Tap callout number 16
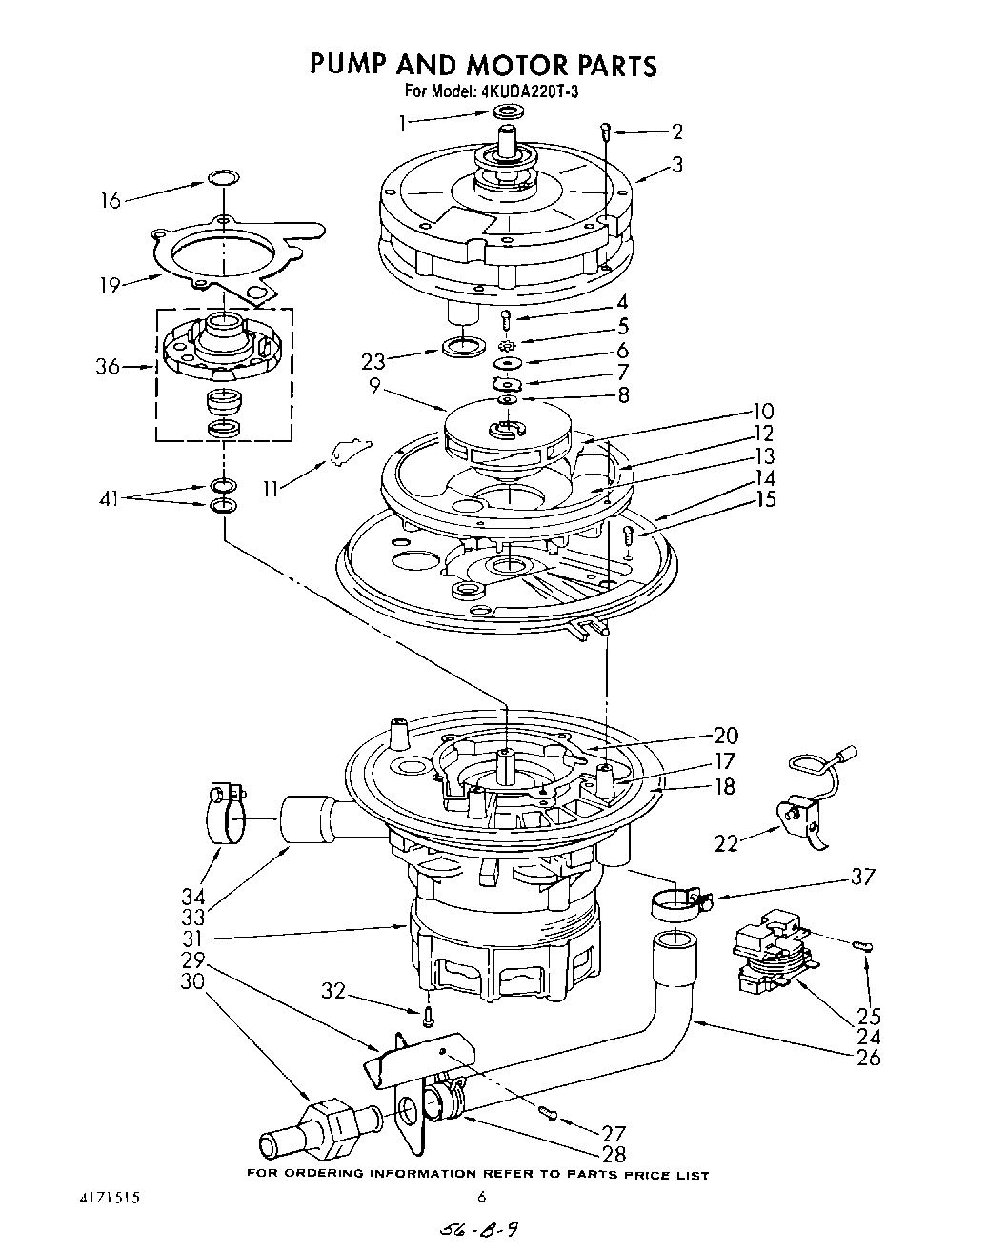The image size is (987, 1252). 111,200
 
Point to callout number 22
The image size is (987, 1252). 726,842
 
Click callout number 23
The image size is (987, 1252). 374,360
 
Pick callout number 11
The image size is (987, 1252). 272,488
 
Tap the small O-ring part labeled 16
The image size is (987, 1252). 222,178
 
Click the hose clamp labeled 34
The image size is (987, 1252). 226,811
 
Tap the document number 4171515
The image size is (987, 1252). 111,1198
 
